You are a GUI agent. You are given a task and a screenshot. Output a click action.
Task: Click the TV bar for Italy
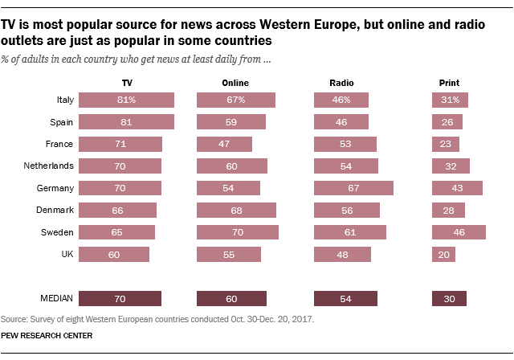point(128,100)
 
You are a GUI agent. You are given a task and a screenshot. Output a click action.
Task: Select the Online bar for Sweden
point(238,232)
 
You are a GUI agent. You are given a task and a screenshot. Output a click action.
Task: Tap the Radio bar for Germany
point(353,188)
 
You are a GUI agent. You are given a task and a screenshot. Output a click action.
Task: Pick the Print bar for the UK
point(443,254)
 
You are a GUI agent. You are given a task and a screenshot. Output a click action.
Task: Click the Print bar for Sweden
point(459,232)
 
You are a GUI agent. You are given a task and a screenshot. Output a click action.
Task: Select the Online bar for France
point(224,145)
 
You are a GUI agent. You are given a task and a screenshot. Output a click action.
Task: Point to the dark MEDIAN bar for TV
point(121,298)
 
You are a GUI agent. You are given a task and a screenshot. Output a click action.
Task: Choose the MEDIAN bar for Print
point(449,298)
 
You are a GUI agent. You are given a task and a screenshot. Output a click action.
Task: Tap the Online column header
point(235,83)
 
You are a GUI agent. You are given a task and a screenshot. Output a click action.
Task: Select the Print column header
point(443,83)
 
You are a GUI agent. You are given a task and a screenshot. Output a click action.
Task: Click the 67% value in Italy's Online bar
point(235,100)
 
